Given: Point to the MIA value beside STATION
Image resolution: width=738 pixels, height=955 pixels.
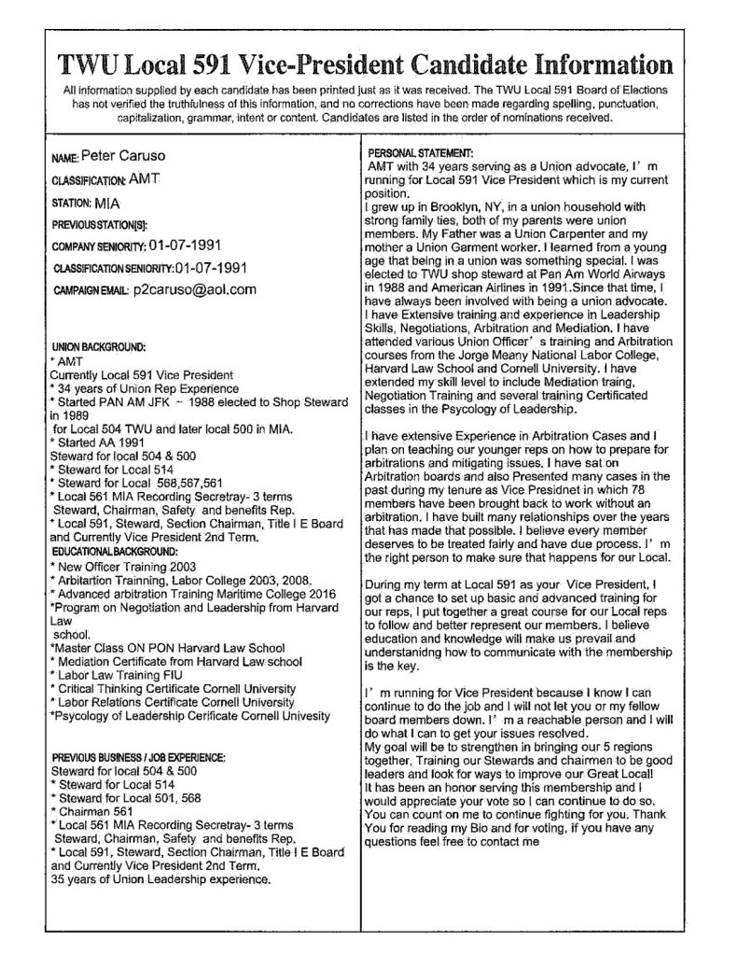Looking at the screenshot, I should [109, 201].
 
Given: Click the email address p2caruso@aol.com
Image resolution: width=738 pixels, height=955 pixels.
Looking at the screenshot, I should [193, 289].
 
